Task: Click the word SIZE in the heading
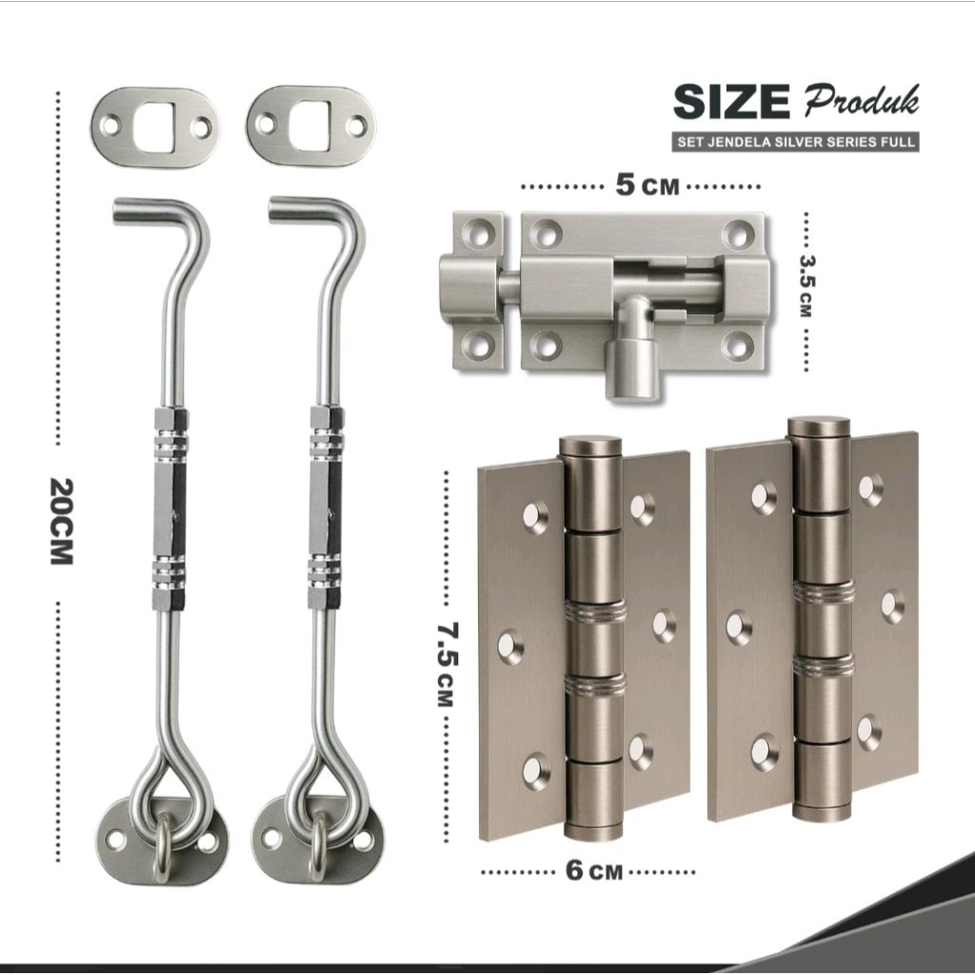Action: tap(731, 102)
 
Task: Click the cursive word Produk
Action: tap(862, 101)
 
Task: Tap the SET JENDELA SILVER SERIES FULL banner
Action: tap(796, 141)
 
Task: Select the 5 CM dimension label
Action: tap(647, 186)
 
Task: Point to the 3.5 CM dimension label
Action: tap(806, 286)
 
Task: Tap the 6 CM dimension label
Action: tap(594, 870)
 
